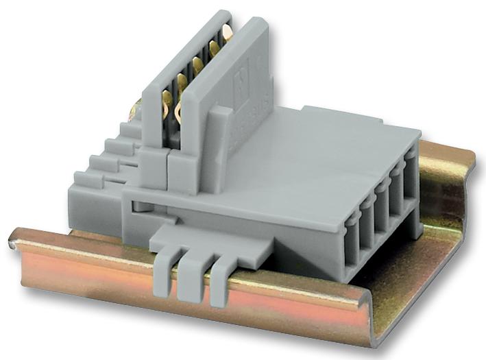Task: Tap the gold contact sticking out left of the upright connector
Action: coord(135,108)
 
